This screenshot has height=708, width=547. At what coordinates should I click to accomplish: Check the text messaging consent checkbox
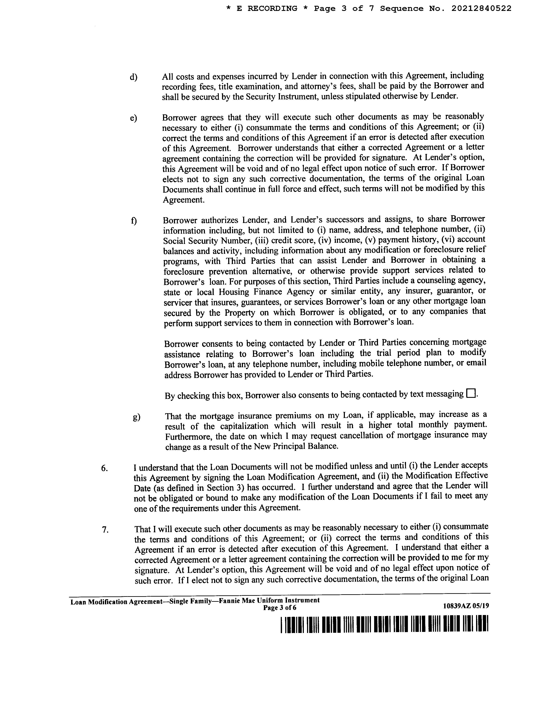(471, 394)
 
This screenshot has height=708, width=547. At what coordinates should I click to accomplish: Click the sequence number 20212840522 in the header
(481, 8)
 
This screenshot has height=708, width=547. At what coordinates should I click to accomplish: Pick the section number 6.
(104, 468)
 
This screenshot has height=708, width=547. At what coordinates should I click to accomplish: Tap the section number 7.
(105, 530)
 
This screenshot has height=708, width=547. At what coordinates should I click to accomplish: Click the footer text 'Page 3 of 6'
(280, 608)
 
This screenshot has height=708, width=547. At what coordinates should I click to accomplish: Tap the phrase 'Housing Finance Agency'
(266, 292)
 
